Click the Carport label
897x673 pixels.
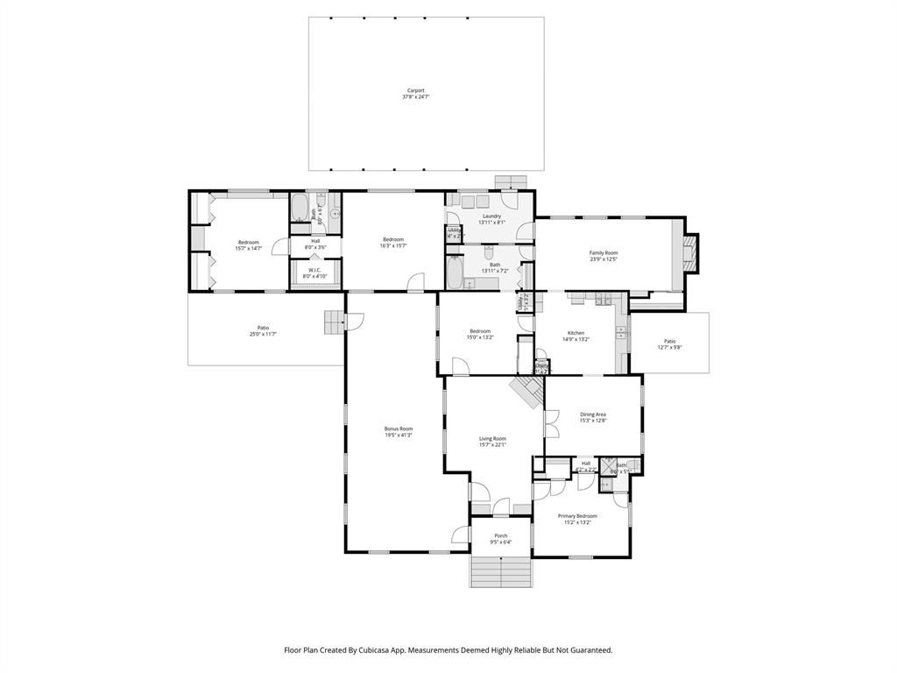[415, 89]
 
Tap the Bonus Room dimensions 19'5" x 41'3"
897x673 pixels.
[399, 435]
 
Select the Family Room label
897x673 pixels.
[604, 252]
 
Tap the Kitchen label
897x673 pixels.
[576, 333]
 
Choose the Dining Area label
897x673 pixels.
[593, 414]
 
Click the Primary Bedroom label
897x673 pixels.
[577, 516]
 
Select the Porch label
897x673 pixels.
[501, 535]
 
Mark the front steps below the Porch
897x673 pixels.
[501, 574]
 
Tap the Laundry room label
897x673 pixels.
[491, 216]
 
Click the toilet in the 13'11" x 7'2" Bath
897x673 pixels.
[489, 253]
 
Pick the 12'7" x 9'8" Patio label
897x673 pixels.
[670, 341]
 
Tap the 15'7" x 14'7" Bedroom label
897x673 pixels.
[248, 242]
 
